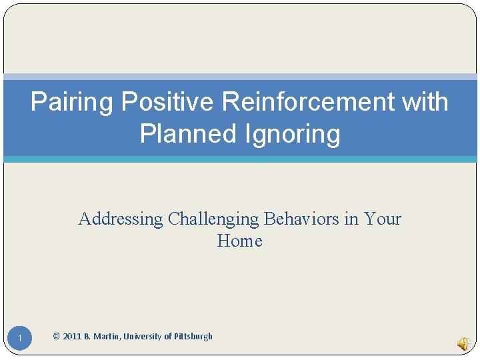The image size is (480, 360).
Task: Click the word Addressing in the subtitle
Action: pos(121,219)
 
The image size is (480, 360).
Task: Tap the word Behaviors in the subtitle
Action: pos(302,219)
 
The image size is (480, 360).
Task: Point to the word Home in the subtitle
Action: pos(239,241)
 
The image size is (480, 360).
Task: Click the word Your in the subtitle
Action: pos(383,219)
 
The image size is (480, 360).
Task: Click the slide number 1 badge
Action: pos(21,340)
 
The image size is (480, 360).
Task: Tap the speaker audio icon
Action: pos(463,343)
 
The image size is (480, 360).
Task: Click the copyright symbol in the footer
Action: pos(56,337)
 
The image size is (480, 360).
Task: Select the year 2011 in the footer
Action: pos(72,337)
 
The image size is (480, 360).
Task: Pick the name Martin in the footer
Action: pos(107,337)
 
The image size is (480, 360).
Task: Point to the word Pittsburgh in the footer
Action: pos(193,337)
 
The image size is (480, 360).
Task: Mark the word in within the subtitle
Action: pos(351,219)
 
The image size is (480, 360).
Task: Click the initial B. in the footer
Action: pos(87,337)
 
